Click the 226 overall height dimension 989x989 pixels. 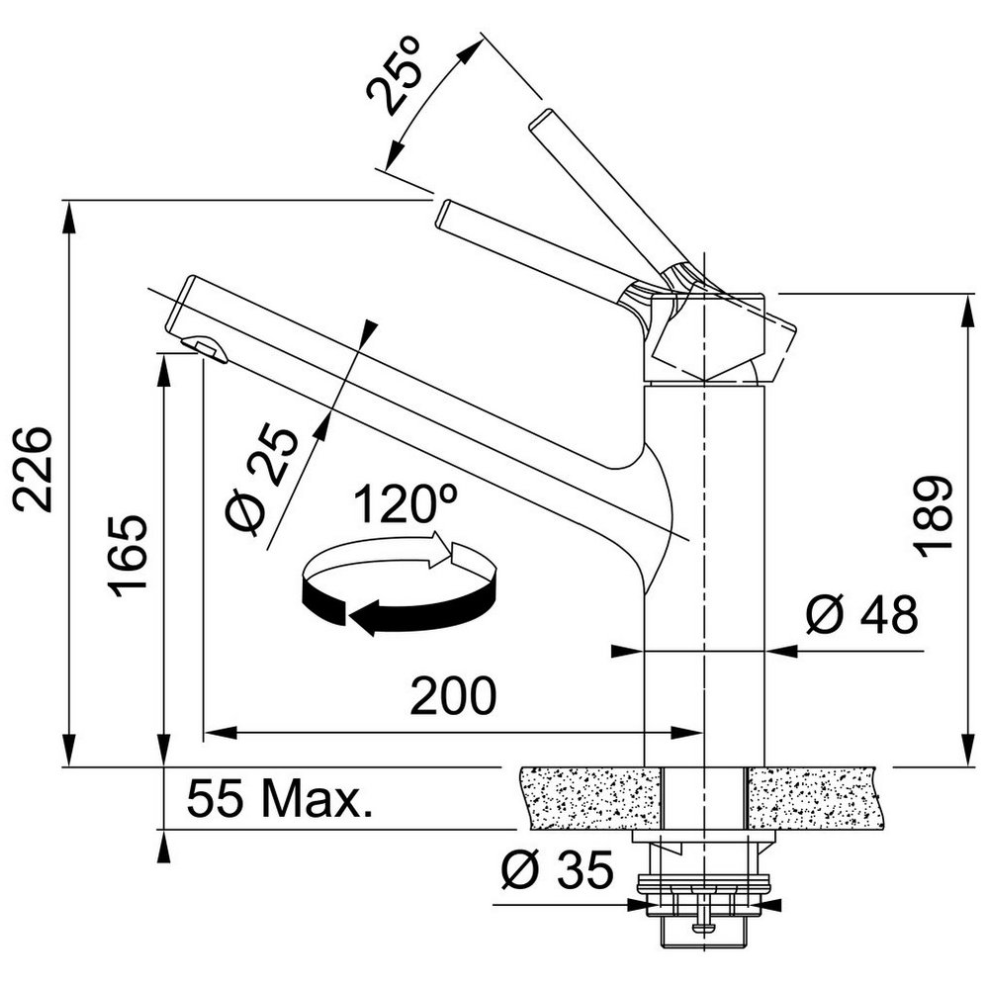coord(33,469)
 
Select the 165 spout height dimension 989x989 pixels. coord(128,556)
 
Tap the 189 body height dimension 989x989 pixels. coord(933,516)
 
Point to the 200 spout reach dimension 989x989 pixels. coord(454,695)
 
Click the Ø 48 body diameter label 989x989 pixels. coord(862,614)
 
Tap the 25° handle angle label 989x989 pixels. coord(393,75)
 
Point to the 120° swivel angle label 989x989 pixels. coord(405,504)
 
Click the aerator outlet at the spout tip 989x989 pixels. coord(205,349)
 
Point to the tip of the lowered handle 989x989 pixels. coord(444,214)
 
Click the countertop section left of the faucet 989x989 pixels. coord(591,797)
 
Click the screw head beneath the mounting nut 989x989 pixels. coord(704,927)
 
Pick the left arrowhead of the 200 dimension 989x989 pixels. coord(221,733)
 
